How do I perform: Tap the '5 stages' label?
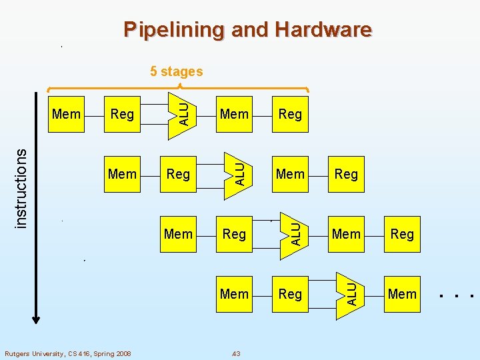coord(176,71)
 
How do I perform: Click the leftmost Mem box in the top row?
coord(66,114)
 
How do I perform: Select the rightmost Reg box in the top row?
coord(290,114)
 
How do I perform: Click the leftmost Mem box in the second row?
coord(122,174)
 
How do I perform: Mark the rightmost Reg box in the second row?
coord(346,174)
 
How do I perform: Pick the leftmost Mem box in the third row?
coord(178,234)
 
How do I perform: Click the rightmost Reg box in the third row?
coord(402,234)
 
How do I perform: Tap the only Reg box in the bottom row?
coord(290,294)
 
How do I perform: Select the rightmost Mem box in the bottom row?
coord(402,294)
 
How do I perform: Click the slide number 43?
coord(236,353)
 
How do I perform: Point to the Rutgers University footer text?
coord(68,353)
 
